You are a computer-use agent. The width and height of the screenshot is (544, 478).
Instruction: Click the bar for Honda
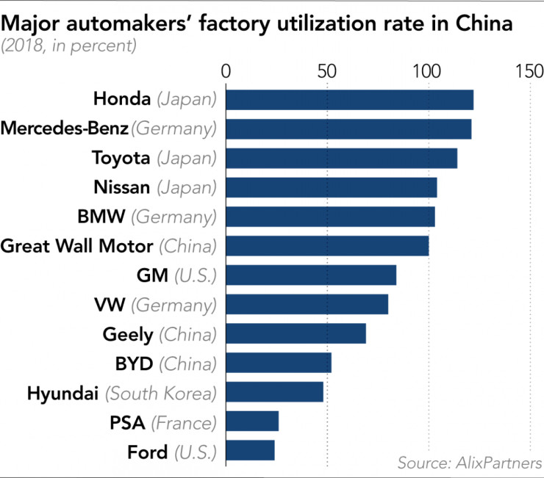pos(349,99)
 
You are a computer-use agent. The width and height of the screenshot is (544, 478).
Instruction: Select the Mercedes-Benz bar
pos(348,128)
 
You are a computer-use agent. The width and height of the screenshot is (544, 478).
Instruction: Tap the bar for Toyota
pos(341,158)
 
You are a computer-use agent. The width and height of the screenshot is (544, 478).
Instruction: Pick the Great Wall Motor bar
pos(327,245)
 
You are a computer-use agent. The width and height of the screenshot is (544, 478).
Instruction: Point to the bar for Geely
pos(296,333)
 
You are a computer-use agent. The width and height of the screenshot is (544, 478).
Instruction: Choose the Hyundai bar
pos(274,392)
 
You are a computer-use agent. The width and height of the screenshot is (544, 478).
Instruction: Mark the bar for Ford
pos(250,450)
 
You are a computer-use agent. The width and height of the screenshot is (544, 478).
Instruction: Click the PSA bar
pos(252,421)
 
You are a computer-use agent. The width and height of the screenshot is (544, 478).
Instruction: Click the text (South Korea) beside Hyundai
pos(161,393)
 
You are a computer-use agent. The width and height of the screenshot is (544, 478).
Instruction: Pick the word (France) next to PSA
pos(184,422)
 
